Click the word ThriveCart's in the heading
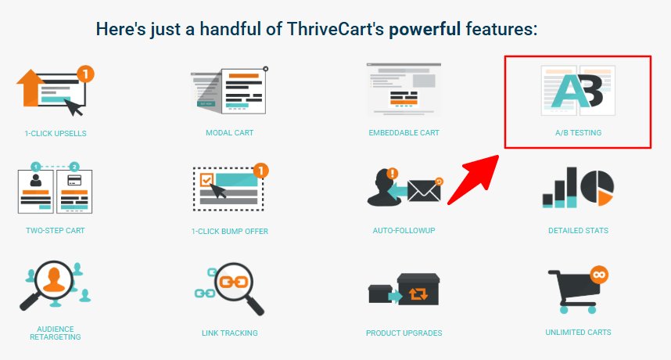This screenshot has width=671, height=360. [335, 29]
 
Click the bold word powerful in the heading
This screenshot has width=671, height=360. [425, 30]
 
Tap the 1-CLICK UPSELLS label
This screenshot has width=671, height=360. [56, 134]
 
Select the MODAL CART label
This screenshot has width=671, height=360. [230, 133]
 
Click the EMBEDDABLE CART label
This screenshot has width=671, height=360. [404, 133]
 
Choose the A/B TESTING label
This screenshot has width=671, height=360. [578, 133]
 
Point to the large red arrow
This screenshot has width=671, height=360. [473, 180]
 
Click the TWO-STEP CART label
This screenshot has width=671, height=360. [56, 230]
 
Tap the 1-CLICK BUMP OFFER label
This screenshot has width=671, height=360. [230, 231]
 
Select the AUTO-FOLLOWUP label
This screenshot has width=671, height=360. [404, 230]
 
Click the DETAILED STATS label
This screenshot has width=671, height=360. [578, 230]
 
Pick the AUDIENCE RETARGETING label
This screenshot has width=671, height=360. [56, 333]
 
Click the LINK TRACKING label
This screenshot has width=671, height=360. [230, 333]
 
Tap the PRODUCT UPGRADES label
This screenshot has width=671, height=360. [404, 333]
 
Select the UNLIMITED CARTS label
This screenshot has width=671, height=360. [578, 332]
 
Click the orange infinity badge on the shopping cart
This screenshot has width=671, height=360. [599, 275]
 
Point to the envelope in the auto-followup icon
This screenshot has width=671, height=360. [424, 190]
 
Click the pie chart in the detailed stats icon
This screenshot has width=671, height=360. [597, 187]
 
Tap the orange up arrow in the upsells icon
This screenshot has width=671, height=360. [29, 88]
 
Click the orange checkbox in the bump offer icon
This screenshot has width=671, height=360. [206, 180]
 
